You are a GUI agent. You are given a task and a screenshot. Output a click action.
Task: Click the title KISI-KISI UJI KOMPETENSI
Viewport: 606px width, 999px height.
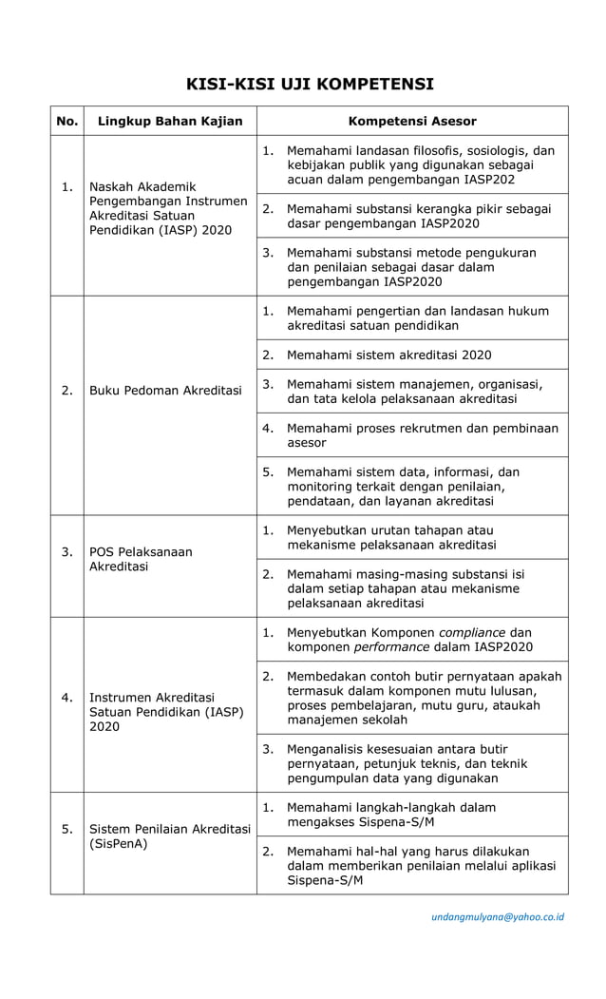[x=310, y=84]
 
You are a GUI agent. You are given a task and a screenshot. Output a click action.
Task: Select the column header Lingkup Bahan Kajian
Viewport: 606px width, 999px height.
[x=170, y=121]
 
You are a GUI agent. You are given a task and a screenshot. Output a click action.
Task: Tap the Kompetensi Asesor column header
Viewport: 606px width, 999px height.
[x=412, y=121]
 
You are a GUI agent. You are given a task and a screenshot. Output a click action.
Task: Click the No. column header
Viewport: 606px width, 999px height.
[x=67, y=121]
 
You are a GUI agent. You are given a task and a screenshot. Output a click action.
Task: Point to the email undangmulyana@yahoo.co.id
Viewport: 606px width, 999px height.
[x=498, y=916]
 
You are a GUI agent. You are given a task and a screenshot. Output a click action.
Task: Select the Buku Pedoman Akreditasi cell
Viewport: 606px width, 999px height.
[x=165, y=391]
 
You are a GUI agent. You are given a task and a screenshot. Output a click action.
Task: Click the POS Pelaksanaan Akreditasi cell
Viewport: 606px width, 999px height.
[x=141, y=559]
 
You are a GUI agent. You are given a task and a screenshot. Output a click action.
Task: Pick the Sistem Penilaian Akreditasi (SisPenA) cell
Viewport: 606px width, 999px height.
[x=169, y=836]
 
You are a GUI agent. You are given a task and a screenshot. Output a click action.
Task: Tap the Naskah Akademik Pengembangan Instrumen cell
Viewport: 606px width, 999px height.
[x=168, y=209]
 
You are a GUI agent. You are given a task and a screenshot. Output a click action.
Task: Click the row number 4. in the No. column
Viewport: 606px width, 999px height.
[x=67, y=698]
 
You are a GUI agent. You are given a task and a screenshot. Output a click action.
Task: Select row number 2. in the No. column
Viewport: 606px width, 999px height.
[x=67, y=391]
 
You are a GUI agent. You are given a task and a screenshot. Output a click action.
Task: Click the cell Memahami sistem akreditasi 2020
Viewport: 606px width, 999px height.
[x=388, y=355]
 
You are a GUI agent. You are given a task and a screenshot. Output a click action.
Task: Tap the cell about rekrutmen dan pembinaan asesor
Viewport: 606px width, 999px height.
[x=422, y=435]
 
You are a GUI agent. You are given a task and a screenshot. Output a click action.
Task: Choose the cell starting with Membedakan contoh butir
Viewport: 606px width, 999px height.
[x=423, y=698]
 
